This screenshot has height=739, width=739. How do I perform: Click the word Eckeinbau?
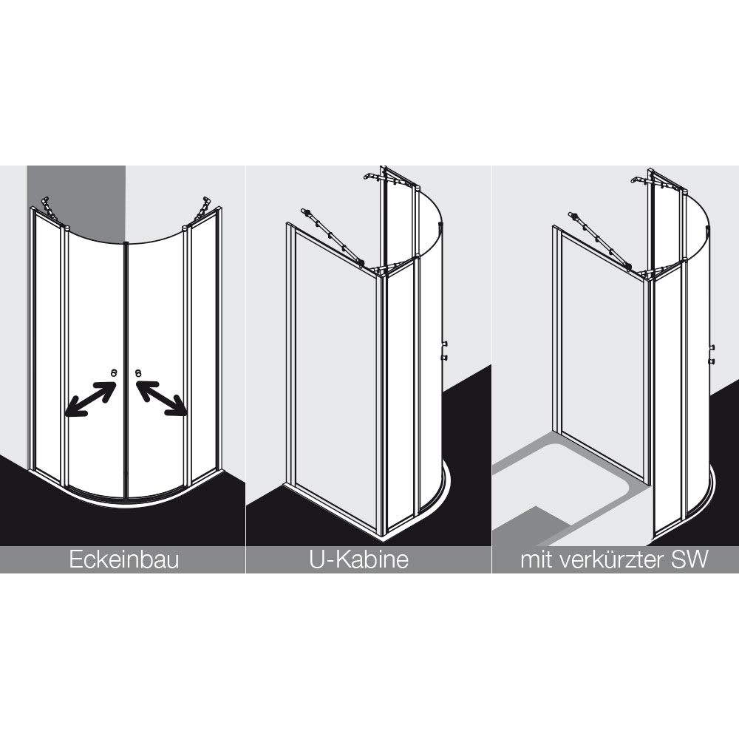(124, 560)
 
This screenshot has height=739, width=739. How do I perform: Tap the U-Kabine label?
(358, 560)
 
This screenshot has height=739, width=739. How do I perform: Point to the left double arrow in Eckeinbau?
(90, 399)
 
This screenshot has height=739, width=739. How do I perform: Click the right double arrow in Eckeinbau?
(162, 399)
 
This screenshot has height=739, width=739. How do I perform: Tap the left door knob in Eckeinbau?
(114, 373)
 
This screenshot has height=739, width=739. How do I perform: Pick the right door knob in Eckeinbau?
(138, 373)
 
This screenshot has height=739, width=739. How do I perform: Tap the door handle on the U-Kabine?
(444, 350)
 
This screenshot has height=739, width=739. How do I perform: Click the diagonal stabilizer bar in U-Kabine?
(333, 237)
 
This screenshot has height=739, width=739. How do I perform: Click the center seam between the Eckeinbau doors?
(126, 369)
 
